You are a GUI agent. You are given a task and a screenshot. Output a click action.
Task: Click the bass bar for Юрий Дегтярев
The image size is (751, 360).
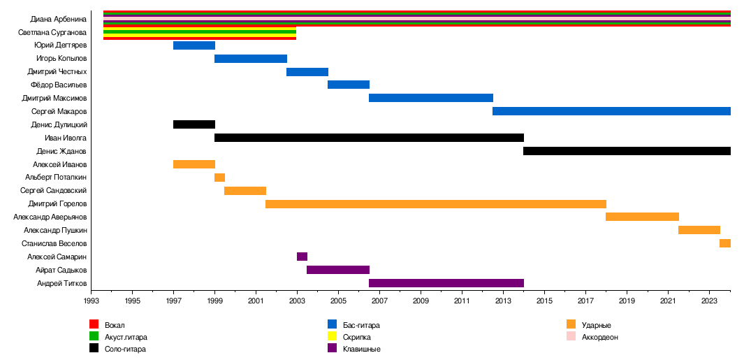pos(194,45)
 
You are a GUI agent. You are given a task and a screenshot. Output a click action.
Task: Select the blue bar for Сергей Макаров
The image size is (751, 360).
pos(611,111)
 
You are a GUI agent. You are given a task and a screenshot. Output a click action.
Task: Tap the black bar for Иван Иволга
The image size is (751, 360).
pos(369,138)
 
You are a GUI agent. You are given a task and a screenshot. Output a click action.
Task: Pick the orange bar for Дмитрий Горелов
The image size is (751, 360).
pos(436,204)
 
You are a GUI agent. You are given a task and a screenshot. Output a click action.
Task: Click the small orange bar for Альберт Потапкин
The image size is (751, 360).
pos(219,178)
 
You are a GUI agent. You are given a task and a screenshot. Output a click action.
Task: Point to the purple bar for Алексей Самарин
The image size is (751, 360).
pos(302,257)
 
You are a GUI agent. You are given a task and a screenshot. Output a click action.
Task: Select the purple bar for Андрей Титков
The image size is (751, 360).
pos(446,283)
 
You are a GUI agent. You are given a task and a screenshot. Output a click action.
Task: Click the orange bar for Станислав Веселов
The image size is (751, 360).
pos(725,243)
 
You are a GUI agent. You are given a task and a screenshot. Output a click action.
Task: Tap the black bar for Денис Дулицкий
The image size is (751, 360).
pos(194,124)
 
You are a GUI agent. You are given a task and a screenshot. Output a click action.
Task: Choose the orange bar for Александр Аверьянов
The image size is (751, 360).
pos(642,217)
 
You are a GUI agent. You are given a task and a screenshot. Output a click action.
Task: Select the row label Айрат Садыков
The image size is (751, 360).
pos(61,270)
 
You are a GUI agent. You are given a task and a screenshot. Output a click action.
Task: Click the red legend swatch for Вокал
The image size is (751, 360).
pos(94,324)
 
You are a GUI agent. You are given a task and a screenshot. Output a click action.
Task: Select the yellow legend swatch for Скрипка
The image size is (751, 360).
pos(333,336)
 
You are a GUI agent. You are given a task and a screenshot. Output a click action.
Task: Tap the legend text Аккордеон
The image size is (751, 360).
pos(599,337)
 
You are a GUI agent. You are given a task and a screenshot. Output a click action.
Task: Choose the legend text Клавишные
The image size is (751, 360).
pos(362,349)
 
